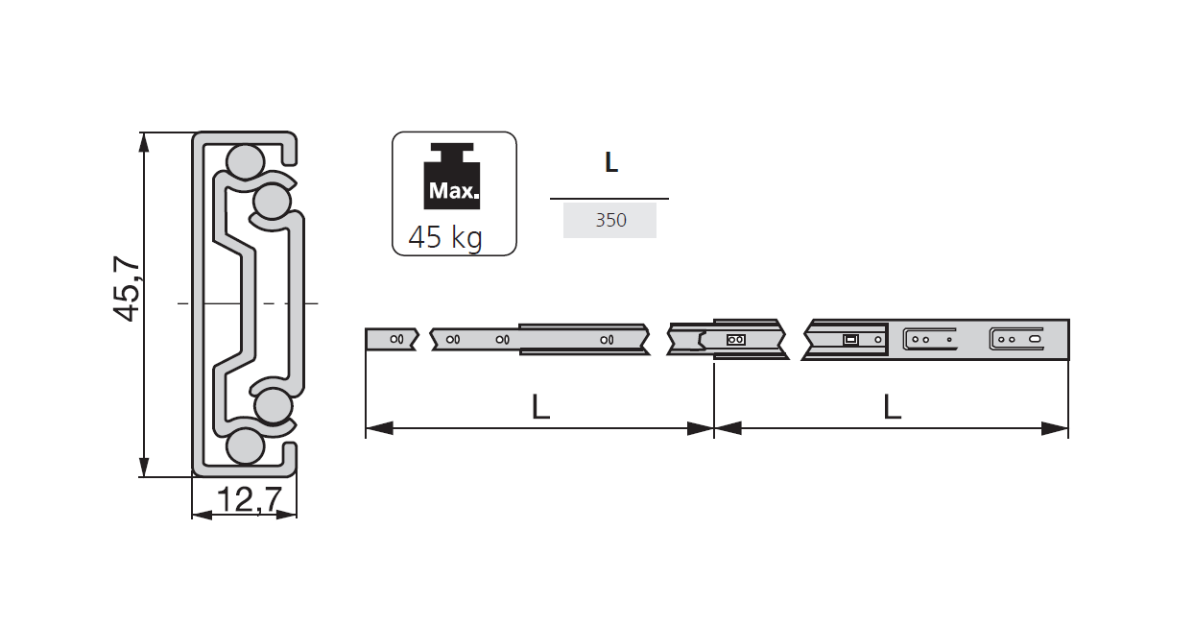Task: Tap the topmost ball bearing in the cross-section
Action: tap(244, 160)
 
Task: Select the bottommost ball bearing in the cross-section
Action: tap(245, 446)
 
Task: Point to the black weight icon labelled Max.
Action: tap(453, 179)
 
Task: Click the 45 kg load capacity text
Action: tap(445, 236)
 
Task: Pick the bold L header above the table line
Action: tap(610, 163)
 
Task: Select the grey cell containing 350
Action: tap(609, 220)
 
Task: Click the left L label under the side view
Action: tap(540, 408)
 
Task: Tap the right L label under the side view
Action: tap(892, 408)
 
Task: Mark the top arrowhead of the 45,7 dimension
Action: tap(144, 142)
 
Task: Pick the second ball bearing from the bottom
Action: tap(273, 405)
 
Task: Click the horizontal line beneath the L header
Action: tap(609, 199)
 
